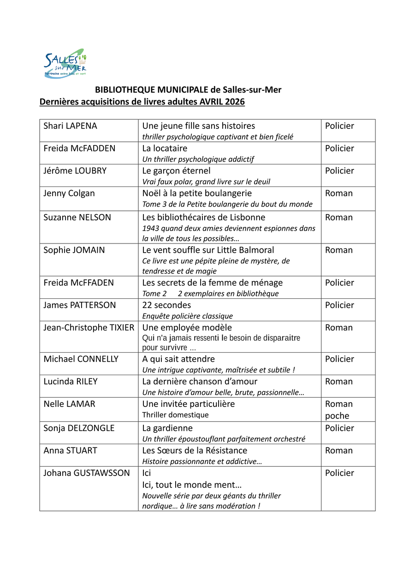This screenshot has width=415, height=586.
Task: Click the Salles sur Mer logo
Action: pos(65,64)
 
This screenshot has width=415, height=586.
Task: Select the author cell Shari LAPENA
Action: pos(70,126)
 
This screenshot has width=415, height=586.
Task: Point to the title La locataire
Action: pos(165,148)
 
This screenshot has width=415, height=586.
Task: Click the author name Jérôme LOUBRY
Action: pos(75,171)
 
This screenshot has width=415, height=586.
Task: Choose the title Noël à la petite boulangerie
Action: pos(197,193)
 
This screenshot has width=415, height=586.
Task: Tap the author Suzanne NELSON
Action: pos(77,217)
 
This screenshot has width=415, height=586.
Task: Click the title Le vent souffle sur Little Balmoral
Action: pos(208,250)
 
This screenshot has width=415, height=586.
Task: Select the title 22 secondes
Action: pos(166,305)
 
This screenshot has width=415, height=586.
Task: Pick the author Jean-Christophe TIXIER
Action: pos(89,328)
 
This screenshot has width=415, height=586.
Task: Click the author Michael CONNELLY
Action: pos(81,359)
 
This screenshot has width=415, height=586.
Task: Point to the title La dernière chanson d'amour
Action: pos(200,382)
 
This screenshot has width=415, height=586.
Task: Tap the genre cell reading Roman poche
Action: pos(338,410)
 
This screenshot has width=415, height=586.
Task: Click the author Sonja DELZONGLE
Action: pos(79,428)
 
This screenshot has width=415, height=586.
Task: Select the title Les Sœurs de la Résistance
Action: pos(195,451)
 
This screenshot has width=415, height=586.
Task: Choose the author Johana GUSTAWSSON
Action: pos(87,473)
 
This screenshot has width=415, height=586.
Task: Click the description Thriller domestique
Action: pos(175,415)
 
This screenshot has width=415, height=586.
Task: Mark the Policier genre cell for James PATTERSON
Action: pos(339,305)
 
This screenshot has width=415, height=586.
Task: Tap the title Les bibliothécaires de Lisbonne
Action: pos(203,217)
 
